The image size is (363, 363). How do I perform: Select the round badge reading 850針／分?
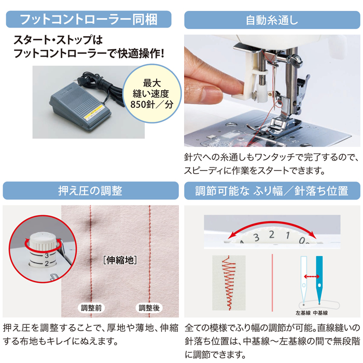coord(151,93)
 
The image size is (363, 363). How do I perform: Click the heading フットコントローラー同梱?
coord(89,20)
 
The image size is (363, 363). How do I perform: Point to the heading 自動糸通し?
coord(272,20)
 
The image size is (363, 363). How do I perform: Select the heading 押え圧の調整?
coord(90,191)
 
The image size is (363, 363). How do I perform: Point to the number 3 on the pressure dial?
coord(47,256)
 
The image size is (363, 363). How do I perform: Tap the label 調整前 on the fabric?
coord(91,308)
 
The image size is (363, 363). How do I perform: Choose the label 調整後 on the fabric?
coord(149,308)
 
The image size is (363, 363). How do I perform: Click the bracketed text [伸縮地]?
coord(120,260)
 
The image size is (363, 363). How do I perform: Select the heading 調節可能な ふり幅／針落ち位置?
coord(272,191)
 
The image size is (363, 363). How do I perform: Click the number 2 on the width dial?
coord(272,235)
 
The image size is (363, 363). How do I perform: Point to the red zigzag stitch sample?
coord(229,283)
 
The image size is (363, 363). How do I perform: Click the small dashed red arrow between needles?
coord(312,276)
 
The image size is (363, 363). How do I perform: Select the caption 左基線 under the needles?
coord(303,313)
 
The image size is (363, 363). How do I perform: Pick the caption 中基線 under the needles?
coord(320,313)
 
